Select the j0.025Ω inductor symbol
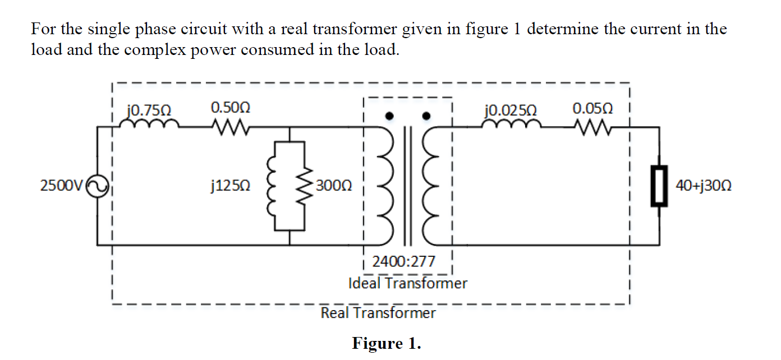(512, 124)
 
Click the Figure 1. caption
(386, 343)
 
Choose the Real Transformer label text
(378, 313)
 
